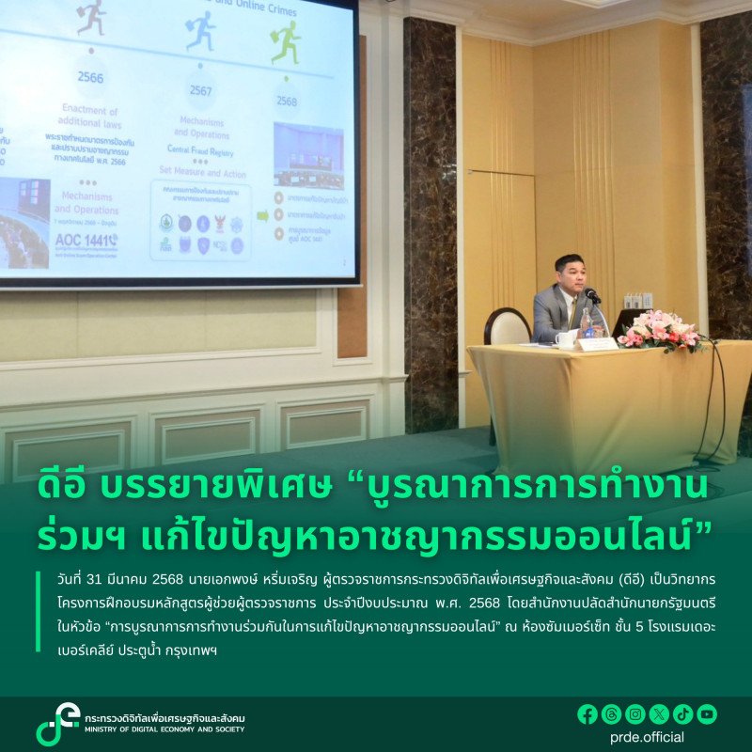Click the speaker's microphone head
pos(590,294)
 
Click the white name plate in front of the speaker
pos(597,344)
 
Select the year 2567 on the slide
pos(200,90)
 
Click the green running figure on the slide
pos(286,43)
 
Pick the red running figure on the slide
pos(91,16)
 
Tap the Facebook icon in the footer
pos(587,714)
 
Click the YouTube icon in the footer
pos(707,714)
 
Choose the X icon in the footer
pos(659,714)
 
